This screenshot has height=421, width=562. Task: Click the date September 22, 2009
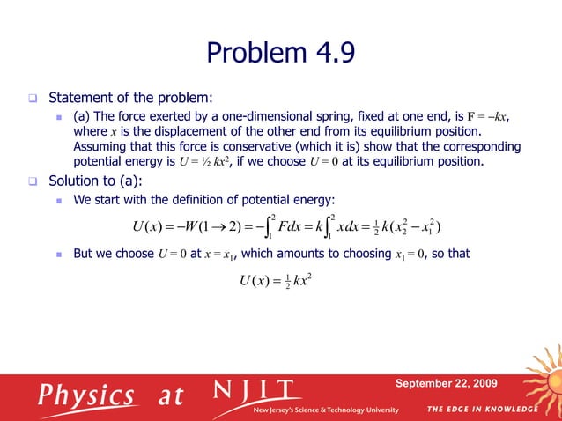pos(446,383)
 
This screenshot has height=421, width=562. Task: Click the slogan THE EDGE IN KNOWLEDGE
pos(483,410)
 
